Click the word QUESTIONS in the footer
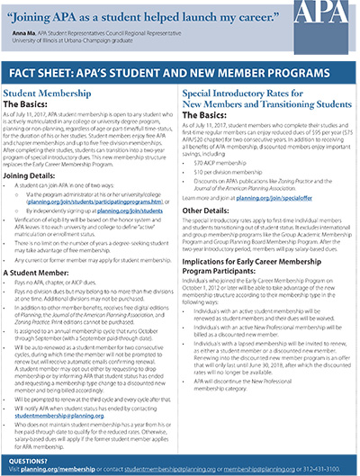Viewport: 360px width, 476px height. [27, 455]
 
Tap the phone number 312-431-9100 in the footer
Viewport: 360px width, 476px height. [332, 464]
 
